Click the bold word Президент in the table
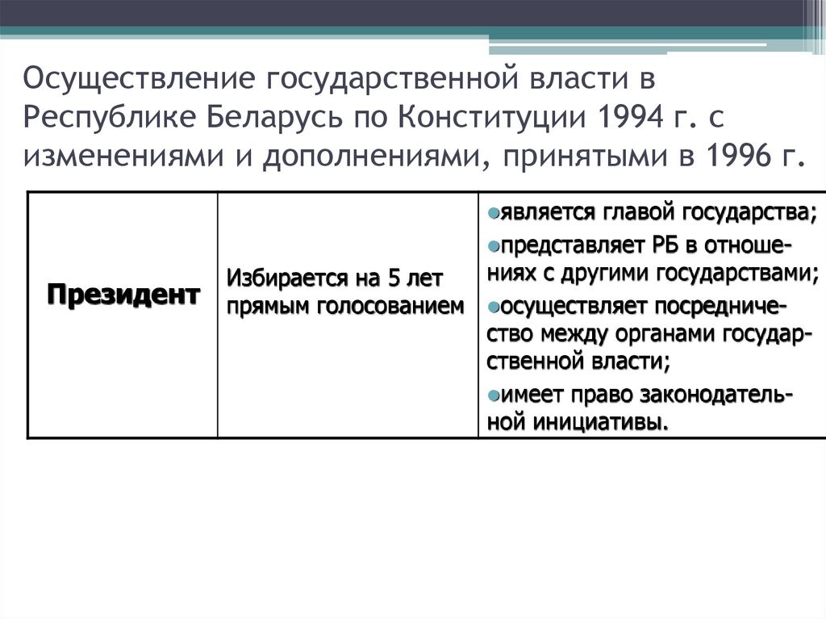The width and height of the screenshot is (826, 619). tap(123, 294)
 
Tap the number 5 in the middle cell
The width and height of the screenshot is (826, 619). tap(394, 280)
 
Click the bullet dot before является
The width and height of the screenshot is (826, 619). tap(493, 212)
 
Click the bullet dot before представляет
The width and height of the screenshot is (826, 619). tap(493, 244)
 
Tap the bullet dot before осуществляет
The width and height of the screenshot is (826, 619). tap(493, 307)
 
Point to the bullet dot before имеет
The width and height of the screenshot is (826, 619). tap(493, 395)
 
